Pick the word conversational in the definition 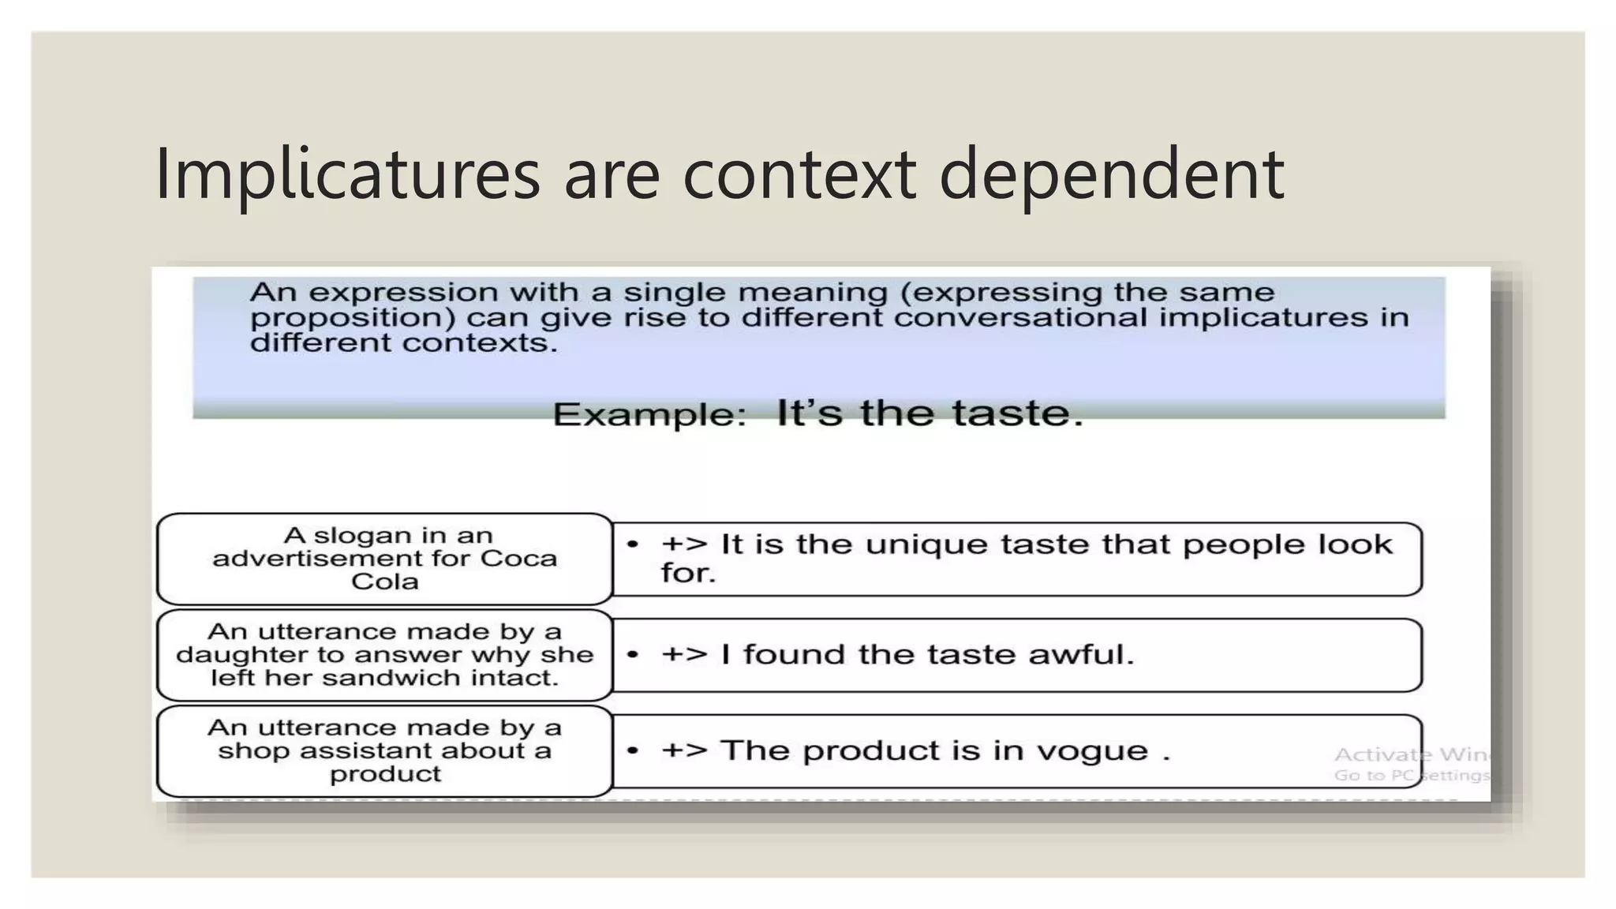(x=1020, y=317)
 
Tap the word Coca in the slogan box (x=518, y=559)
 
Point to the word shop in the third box (x=246, y=750)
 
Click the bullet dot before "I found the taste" (x=632, y=654)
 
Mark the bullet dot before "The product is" (x=632, y=750)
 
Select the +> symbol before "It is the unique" (x=683, y=544)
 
